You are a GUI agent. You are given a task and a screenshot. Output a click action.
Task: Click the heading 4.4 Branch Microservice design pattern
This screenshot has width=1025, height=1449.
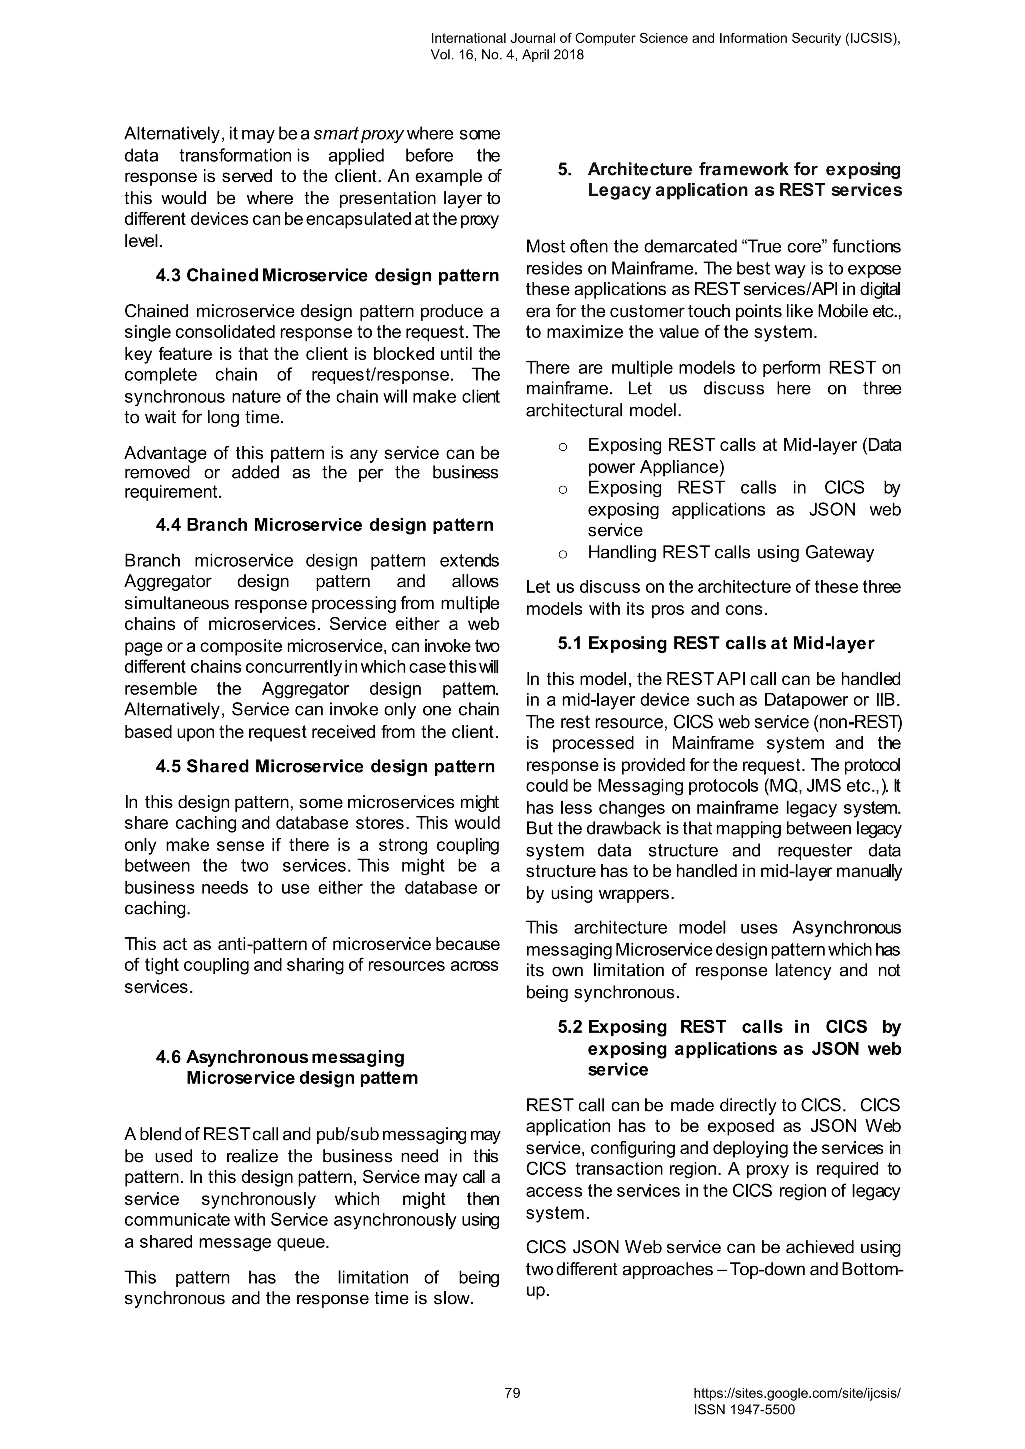[324, 525]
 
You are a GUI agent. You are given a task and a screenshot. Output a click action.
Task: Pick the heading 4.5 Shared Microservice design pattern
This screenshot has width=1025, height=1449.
[325, 766]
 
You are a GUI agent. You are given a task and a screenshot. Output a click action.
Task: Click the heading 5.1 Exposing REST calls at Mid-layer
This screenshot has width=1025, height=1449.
[716, 644]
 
